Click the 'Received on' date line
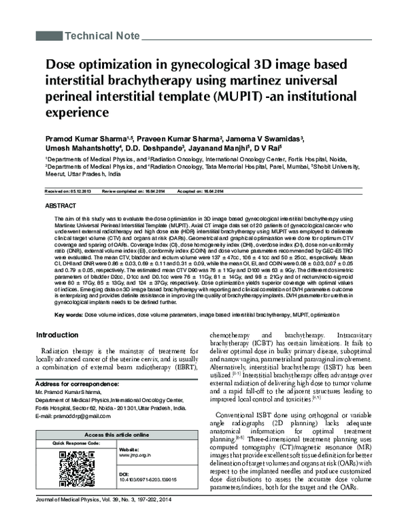tap(65, 192)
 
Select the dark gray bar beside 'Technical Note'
tap(48, 35)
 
